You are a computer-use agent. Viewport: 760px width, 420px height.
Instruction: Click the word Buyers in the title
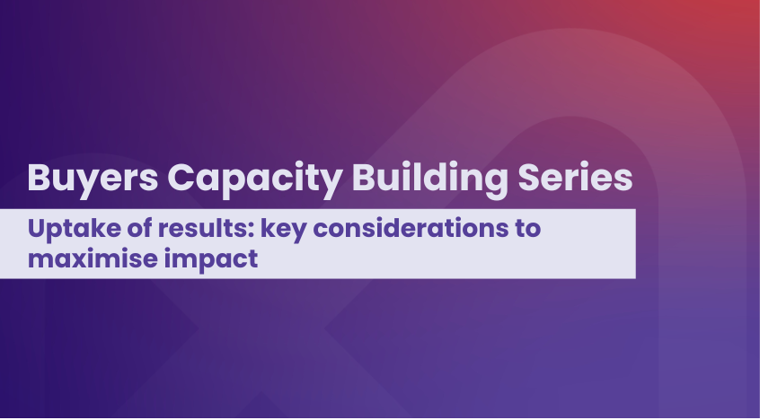coord(93,179)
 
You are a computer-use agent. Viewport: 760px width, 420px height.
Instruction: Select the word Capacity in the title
coord(255,179)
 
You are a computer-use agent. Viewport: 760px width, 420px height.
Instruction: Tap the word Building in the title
coord(429,179)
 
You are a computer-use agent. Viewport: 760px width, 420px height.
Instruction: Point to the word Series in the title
coord(575,178)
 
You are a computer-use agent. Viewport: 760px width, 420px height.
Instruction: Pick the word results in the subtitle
coord(206,228)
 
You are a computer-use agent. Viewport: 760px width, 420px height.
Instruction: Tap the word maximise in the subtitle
coord(93,258)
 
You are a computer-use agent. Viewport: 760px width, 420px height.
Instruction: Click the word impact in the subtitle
coord(211,260)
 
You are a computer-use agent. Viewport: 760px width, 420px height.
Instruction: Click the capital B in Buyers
coord(40,178)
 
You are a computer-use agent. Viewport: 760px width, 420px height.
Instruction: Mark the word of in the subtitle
coord(140,228)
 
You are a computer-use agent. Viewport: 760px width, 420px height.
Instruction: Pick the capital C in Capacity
coord(181,178)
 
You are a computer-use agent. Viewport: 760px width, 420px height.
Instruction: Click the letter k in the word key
coord(268,228)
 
